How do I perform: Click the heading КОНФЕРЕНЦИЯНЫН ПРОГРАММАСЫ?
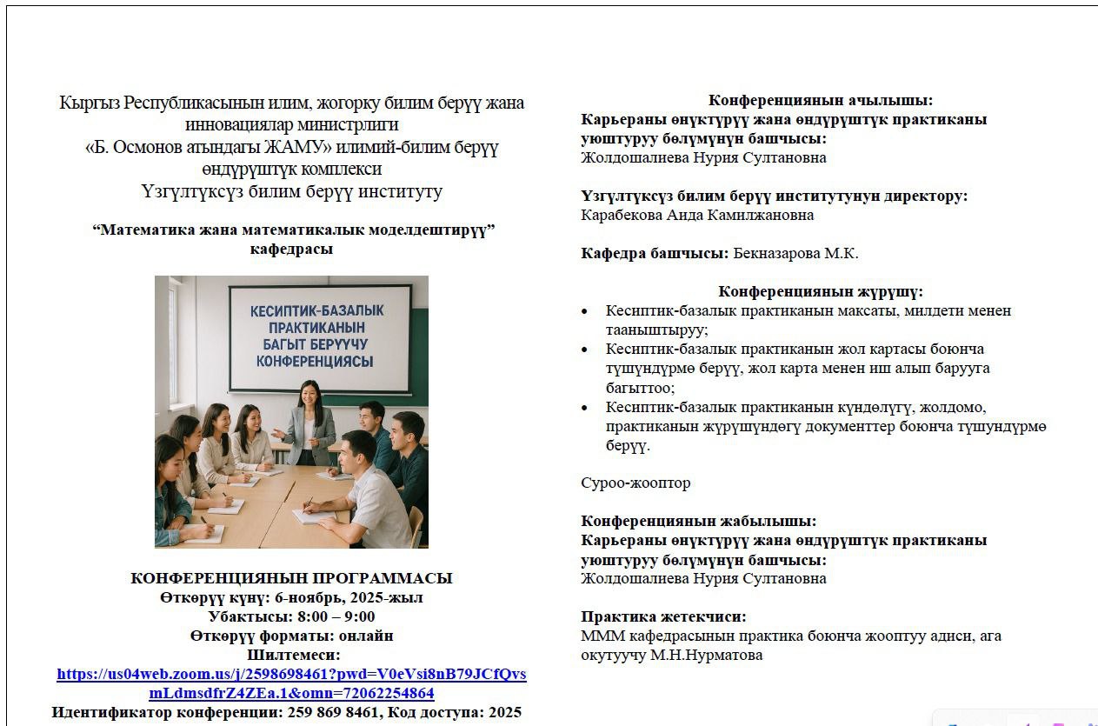pos(291,578)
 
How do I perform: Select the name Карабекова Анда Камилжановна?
pos(697,215)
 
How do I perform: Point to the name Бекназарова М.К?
pos(795,253)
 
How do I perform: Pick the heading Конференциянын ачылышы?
pos(821,100)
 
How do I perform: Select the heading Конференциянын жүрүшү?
pos(821,291)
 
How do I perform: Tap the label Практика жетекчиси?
pos(663,616)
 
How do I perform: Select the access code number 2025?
pos(504,712)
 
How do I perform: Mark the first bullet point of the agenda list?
pos(585,311)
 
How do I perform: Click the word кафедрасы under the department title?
pos(291,249)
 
